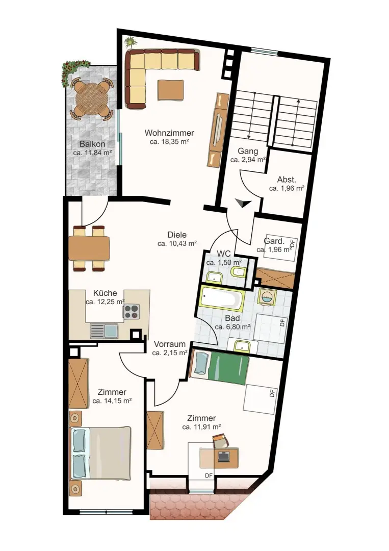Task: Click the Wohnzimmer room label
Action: point(169,133)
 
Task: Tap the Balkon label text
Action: point(92,144)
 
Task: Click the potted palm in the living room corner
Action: point(131,42)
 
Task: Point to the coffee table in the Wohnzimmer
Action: point(171,90)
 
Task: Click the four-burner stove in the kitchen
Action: point(132,312)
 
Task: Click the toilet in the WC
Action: point(239,271)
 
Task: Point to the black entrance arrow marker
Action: point(243,203)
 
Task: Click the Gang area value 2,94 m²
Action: point(248,160)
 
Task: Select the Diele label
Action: point(177,235)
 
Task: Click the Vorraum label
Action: point(170,344)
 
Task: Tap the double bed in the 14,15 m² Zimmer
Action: point(100,453)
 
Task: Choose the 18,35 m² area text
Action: point(170,142)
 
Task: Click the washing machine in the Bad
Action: point(267,297)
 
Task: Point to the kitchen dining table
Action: point(89,248)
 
